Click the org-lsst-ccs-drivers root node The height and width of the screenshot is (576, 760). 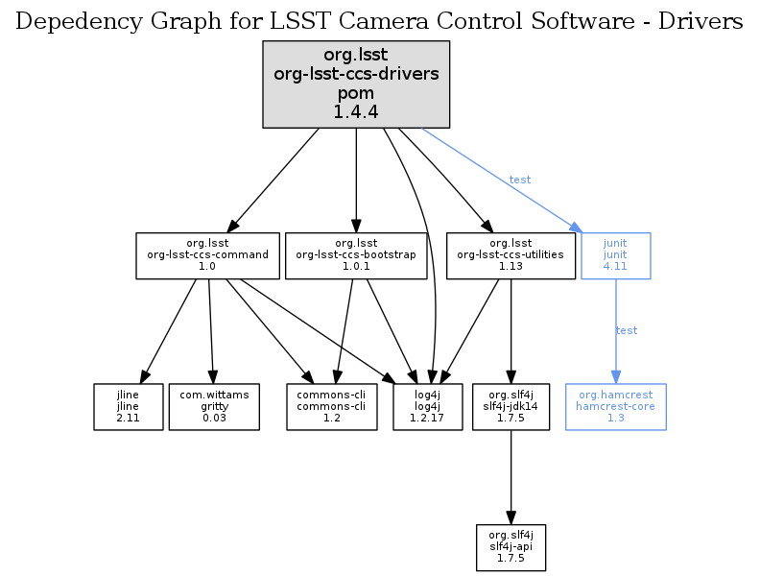point(356,84)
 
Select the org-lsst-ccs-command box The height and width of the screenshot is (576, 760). point(207,255)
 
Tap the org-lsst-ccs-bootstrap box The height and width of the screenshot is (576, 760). point(356,255)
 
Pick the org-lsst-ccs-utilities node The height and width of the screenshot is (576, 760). point(511,255)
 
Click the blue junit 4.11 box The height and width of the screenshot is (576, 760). point(615,255)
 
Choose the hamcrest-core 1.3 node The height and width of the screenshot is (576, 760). point(615,407)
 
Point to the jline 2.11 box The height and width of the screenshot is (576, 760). point(128,407)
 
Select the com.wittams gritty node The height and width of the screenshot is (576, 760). point(214,407)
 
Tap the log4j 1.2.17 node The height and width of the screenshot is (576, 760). point(428,407)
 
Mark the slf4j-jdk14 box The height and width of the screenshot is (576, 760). point(511,407)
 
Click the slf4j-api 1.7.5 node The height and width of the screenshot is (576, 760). point(511,545)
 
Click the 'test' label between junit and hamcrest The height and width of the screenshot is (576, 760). point(626,330)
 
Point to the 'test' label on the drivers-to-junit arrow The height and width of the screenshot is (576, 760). point(519,180)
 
